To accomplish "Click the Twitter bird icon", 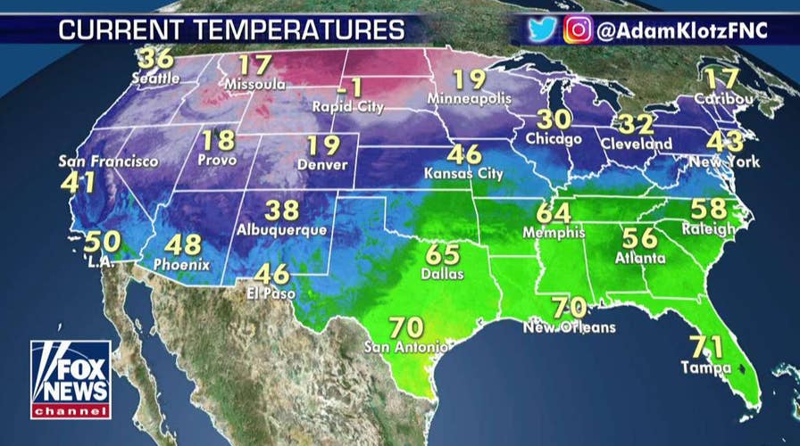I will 542,29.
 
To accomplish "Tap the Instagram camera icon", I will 578,29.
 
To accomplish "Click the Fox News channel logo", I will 71,379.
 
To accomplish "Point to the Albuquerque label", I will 282,229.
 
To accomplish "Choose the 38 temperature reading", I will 282,210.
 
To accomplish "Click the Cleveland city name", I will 637,144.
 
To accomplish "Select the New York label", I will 725,162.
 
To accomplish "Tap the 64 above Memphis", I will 554,214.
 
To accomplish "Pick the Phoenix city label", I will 181,264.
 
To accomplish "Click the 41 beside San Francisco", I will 79,183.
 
